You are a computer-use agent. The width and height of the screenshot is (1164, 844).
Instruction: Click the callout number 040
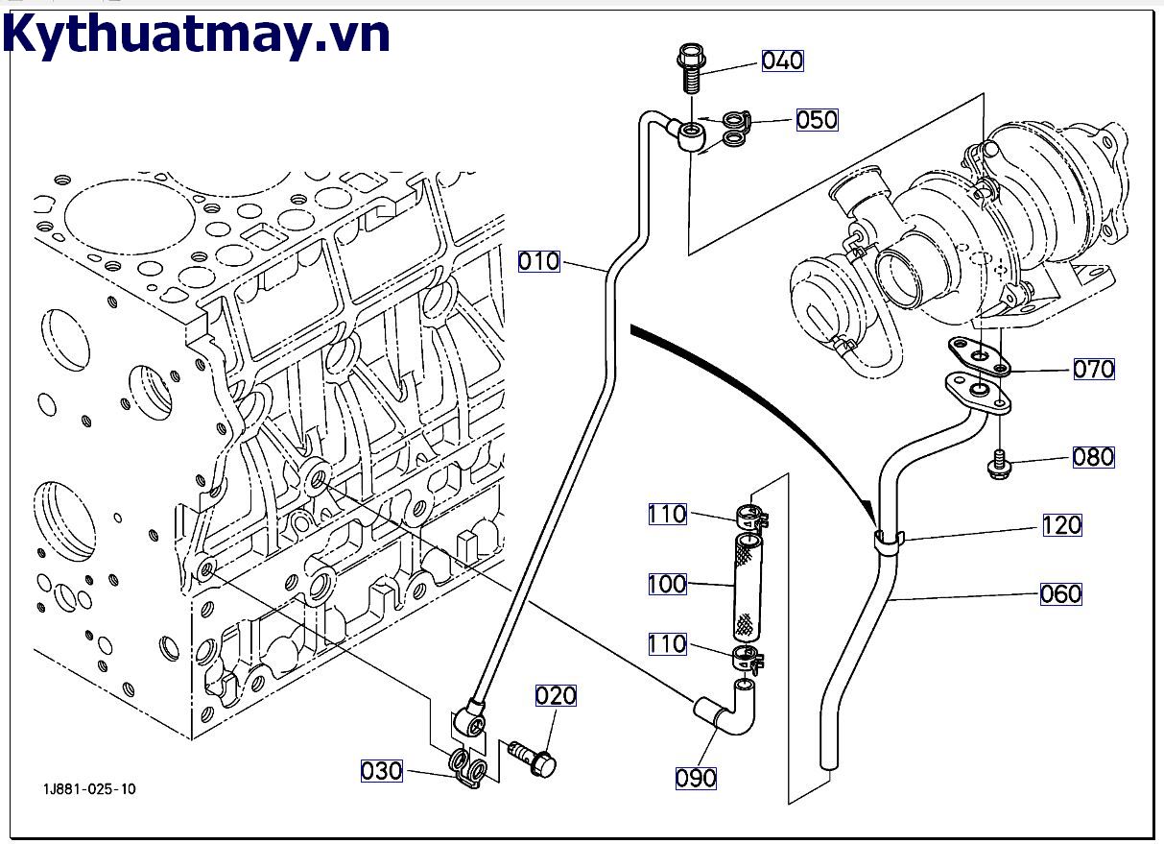(782, 60)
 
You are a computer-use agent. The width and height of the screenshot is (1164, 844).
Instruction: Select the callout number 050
(817, 120)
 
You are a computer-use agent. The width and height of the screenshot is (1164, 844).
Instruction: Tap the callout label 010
(538, 260)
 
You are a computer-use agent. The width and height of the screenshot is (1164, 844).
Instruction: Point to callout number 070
(1093, 369)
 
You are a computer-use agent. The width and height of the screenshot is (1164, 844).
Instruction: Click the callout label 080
(1093, 457)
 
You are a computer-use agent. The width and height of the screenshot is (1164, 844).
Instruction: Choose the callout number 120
(1061, 525)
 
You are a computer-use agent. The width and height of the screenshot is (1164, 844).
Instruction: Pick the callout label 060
(1060, 594)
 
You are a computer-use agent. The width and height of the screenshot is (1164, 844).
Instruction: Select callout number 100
(667, 584)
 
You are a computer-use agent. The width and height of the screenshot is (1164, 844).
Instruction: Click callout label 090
(696, 778)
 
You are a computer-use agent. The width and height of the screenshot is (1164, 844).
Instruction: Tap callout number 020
(556, 696)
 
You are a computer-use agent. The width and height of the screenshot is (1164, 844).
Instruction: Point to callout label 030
(381, 770)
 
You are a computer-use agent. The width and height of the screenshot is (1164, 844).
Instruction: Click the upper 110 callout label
(667, 515)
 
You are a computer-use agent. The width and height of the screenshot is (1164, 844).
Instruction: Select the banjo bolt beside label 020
(532, 757)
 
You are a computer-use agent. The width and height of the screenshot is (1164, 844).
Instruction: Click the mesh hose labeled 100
(748, 588)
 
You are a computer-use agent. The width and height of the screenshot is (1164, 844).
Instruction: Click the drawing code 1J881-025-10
(88, 789)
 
